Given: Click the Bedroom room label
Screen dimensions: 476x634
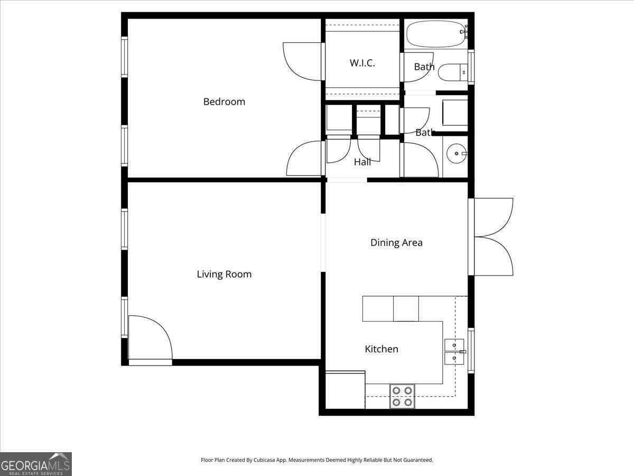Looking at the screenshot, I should pos(224,102).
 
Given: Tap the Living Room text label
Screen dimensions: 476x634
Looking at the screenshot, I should pos(224,274).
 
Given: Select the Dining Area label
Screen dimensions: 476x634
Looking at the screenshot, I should pos(396,243).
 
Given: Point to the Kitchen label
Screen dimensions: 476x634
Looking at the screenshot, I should pos(381,349).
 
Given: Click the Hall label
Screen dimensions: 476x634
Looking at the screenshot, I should pos(362,162).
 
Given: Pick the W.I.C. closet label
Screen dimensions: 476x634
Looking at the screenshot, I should pos(362,63).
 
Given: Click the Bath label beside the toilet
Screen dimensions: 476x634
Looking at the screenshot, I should pos(424,67).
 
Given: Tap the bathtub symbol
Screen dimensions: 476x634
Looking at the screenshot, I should pos(435,34).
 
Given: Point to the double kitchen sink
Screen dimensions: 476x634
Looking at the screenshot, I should pos(454,352).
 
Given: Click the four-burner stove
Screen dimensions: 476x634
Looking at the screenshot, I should pos(402,397).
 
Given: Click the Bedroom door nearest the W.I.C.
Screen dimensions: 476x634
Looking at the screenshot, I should pos(303,61).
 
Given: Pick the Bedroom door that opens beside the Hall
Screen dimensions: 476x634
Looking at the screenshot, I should pos(305,159).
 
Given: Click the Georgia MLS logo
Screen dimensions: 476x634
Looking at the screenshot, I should pos(35,464).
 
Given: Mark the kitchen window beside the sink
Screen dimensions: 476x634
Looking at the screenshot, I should pos(471,351).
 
